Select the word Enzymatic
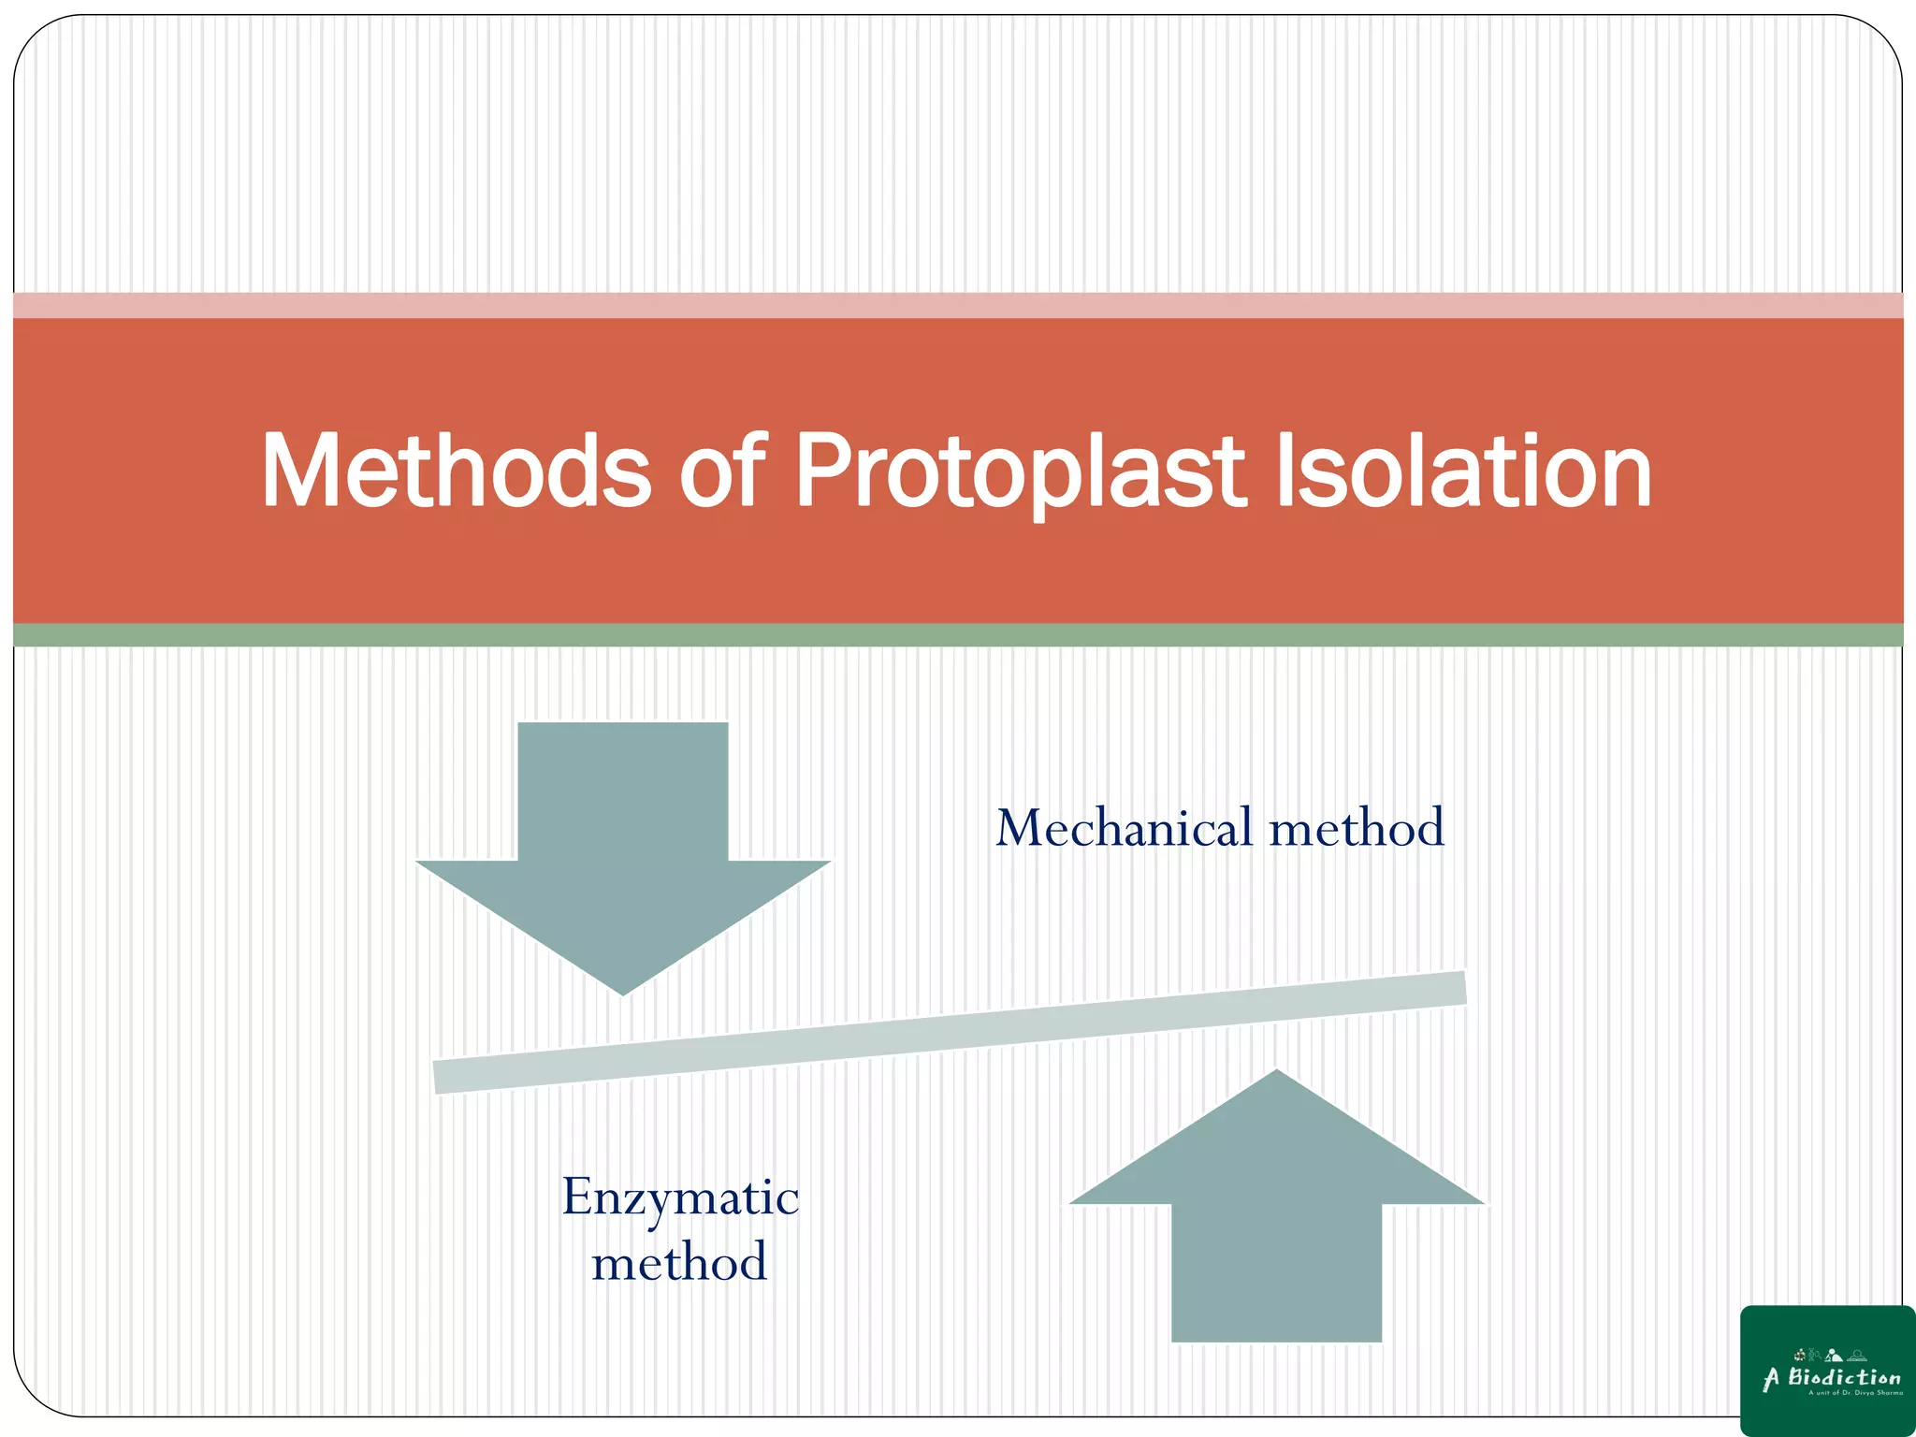coord(680,1198)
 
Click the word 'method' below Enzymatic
coord(680,1262)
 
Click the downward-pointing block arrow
coord(622,842)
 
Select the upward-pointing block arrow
coord(1276,1226)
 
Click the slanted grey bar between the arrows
coord(949,1032)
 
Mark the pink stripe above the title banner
coord(958,305)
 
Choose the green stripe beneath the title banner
coord(958,635)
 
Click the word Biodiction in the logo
coord(1844,1377)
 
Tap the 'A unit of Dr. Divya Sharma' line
coord(1855,1393)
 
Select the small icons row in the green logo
coord(1830,1355)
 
